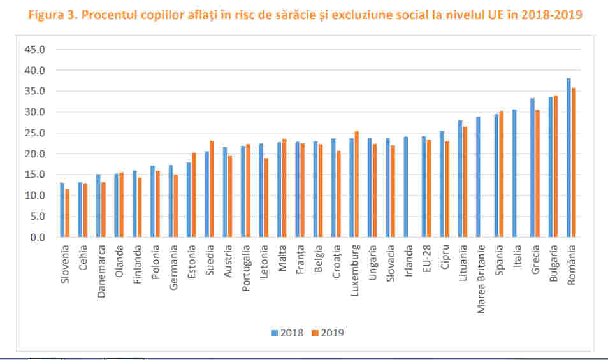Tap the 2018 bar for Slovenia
[62, 210]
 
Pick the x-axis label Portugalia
[245, 266]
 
